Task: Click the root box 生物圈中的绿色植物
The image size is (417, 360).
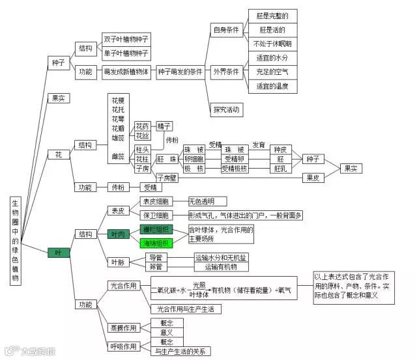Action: click(x=16, y=240)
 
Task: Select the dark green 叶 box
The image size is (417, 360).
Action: click(x=59, y=253)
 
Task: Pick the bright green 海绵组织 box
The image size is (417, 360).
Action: click(x=156, y=243)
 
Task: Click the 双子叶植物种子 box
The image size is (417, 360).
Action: click(x=126, y=39)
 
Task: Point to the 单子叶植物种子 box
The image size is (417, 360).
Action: click(x=126, y=53)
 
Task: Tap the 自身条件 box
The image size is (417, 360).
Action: click(x=226, y=30)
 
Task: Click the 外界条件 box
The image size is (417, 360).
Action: click(x=226, y=71)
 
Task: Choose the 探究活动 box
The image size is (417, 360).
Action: click(x=226, y=109)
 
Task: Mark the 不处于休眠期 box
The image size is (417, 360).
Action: click(x=272, y=44)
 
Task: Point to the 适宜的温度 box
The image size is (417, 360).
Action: click(x=272, y=85)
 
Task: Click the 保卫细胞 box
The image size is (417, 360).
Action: click(x=156, y=215)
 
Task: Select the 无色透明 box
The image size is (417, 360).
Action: click(x=207, y=201)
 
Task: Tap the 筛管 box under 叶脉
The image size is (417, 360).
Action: click(x=155, y=266)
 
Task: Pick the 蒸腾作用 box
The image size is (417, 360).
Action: click(x=123, y=327)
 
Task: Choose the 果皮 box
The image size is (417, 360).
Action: click(x=312, y=176)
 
